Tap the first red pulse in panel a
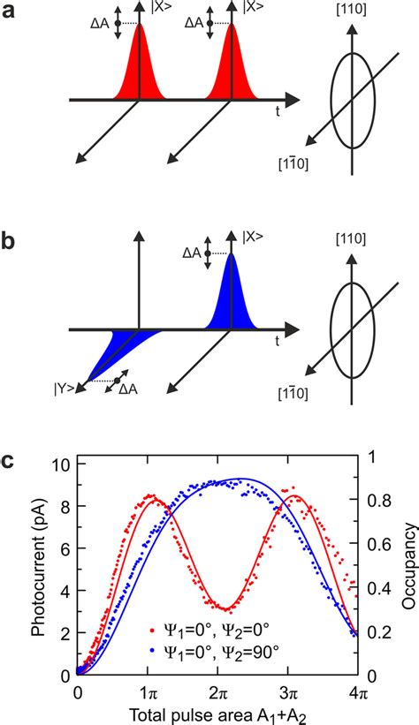[139, 71]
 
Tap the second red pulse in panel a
[232, 71]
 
